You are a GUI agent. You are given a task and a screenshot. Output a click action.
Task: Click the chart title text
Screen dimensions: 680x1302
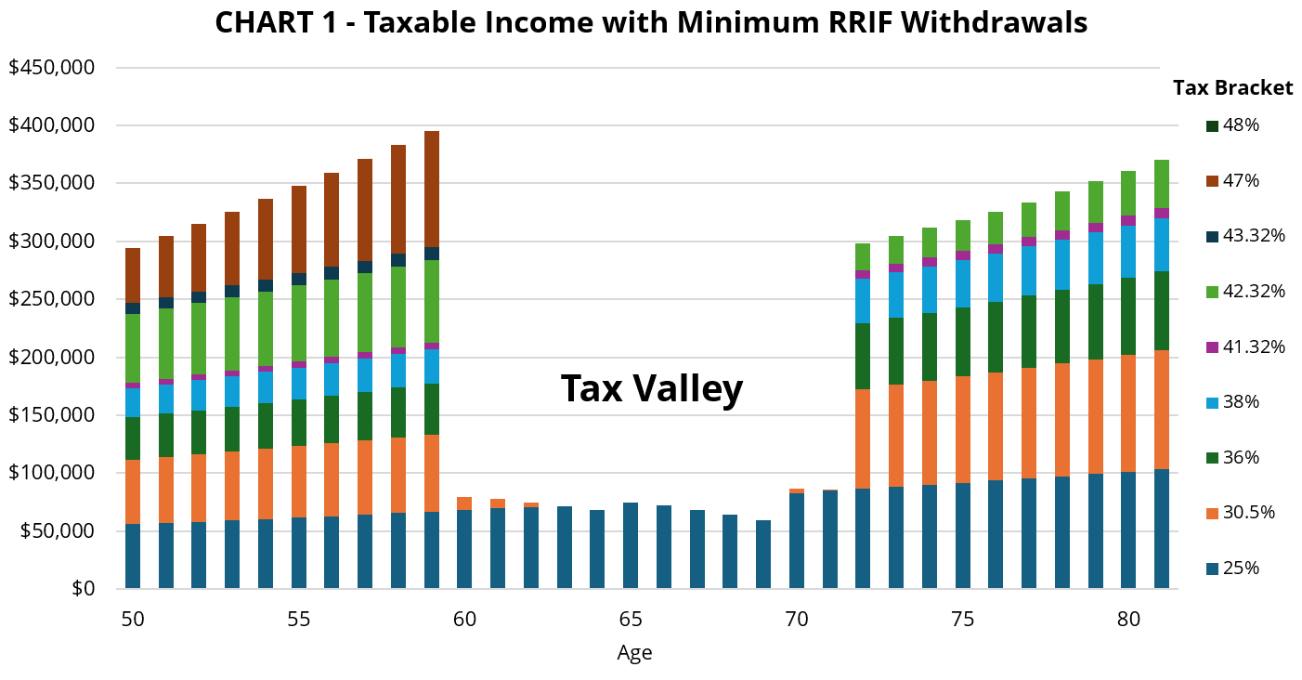650,22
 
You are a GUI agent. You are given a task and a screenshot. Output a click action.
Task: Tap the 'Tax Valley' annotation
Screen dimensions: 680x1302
651,388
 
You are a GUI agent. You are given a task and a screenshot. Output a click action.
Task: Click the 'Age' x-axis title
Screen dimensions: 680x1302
634,653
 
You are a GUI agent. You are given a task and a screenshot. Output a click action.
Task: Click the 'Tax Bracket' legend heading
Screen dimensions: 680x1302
1232,88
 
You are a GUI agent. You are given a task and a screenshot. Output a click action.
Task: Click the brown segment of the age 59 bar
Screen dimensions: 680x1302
432,189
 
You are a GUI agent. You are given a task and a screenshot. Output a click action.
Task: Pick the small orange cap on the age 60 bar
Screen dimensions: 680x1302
464,503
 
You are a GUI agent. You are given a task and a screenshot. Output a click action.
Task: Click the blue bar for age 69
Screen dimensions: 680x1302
763,554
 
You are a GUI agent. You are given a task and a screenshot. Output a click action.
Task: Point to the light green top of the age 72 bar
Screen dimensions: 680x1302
863,256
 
